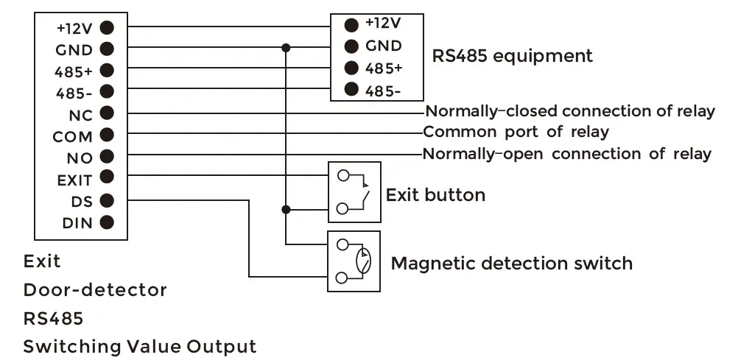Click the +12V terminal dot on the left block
pyautogui.click(x=106, y=28)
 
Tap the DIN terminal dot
pyautogui.click(x=106, y=222)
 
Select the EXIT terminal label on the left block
pyautogui.click(x=74, y=179)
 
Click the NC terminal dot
pyautogui.click(x=106, y=113)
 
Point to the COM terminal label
pyautogui.click(x=72, y=137)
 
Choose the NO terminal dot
pyautogui.click(x=106, y=156)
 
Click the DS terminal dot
pyautogui.click(x=106, y=200)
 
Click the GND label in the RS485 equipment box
pyautogui.click(x=384, y=46)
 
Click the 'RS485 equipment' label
pyautogui.click(x=512, y=55)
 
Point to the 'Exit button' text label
pyautogui.click(x=435, y=195)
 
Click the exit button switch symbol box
pyautogui.click(x=354, y=192)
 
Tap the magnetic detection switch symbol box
pyautogui.click(x=354, y=261)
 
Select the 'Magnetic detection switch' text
pyautogui.click(x=511, y=263)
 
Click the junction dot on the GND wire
pyautogui.click(x=286, y=49)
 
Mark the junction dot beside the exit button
pyautogui.click(x=286, y=209)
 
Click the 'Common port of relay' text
pyautogui.click(x=516, y=133)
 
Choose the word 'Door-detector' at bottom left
pyautogui.click(x=95, y=290)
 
